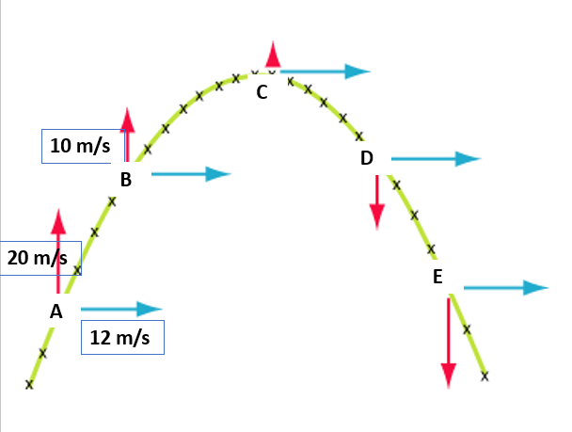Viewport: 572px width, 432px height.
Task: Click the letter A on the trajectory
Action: (56, 311)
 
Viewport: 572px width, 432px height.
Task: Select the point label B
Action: (126, 179)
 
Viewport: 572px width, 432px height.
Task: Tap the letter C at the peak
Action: (262, 91)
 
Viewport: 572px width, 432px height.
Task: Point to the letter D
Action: (367, 158)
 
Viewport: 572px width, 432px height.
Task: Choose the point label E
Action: (437, 276)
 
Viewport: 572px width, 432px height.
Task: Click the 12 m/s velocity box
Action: (123, 337)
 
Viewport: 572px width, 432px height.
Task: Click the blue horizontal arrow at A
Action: (121, 309)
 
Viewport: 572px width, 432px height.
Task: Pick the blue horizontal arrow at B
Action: (190, 173)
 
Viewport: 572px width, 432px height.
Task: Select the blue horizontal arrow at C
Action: (326, 71)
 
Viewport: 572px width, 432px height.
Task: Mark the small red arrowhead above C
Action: (273, 54)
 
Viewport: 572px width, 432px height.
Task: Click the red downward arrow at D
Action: (377, 201)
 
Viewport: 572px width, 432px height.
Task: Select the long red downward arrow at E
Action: (449, 339)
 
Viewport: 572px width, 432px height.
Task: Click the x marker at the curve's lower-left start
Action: (29, 384)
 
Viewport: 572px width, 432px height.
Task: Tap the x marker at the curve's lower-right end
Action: (485, 376)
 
